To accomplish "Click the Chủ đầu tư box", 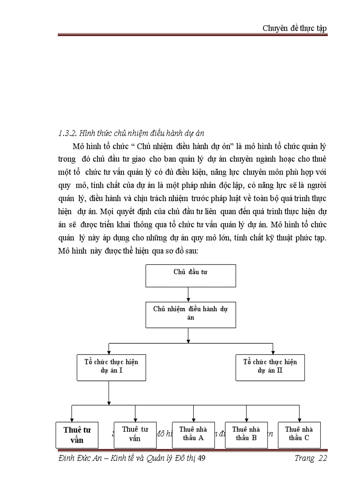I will (x=191, y=275).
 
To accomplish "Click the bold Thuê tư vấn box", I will (x=74, y=435).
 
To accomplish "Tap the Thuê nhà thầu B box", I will (x=246, y=434).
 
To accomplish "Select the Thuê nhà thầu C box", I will (x=299, y=434).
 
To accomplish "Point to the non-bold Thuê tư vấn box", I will (x=135, y=434).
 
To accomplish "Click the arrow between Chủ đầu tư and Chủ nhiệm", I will (x=188, y=294).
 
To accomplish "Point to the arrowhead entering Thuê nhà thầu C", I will (x=299, y=419).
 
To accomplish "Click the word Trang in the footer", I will (x=304, y=458).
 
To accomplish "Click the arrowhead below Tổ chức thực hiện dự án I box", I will (x=109, y=402).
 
